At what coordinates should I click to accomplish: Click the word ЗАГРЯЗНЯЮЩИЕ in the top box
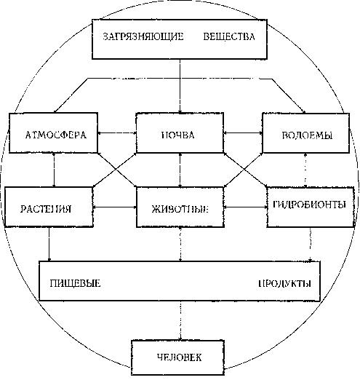pos(143,36)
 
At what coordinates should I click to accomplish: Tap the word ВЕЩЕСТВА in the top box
pos(229,36)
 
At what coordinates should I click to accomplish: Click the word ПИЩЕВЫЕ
pos(75,283)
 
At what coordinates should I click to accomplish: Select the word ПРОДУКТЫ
pos(284,283)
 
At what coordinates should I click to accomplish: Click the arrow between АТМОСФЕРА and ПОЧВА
pos(117,132)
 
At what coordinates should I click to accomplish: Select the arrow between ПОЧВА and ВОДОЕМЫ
pos(243,132)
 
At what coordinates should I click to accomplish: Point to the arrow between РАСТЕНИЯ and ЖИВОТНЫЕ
pos(115,207)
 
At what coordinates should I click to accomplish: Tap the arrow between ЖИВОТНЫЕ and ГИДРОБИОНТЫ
pos(245,207)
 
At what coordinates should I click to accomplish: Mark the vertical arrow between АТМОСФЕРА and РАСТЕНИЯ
pos(54,170)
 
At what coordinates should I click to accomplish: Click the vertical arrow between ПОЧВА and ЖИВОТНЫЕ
pos(180,170)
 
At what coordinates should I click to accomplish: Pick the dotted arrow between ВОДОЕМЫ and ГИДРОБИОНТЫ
pos(305,170)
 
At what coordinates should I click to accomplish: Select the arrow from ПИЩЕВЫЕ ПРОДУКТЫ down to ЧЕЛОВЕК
pos(180,320)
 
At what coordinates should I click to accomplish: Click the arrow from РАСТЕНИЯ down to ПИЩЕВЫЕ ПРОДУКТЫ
pos(49,244)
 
